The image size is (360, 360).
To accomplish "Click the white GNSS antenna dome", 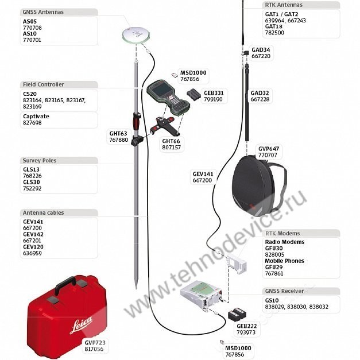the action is coord(136,34).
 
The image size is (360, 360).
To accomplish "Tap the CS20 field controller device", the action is coord(168,97).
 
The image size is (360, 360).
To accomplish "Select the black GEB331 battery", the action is coord(193,94).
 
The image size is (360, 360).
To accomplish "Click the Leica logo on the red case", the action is coord(81,324).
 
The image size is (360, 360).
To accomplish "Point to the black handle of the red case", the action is coord(65,284).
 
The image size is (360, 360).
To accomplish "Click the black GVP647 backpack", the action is coord(259,186).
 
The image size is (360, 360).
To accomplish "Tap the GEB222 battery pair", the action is coord(237,314).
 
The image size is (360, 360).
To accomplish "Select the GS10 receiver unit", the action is coord(202,296).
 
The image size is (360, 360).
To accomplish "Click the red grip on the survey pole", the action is coord(137,121).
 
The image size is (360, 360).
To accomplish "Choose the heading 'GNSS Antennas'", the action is coord(43,12).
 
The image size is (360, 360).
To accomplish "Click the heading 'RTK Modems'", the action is coord(282,233).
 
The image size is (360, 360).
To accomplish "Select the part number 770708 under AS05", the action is coord(32,28).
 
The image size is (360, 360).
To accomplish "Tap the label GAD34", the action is coord(261,50).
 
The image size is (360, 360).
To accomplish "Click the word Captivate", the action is coord(36,117).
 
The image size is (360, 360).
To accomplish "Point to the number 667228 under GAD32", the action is coord(260,99).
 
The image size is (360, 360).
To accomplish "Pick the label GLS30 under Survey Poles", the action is coord(32,182).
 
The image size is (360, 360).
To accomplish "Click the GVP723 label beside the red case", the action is coord(95,343).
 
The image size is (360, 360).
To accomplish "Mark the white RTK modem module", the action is coord(237,264).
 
